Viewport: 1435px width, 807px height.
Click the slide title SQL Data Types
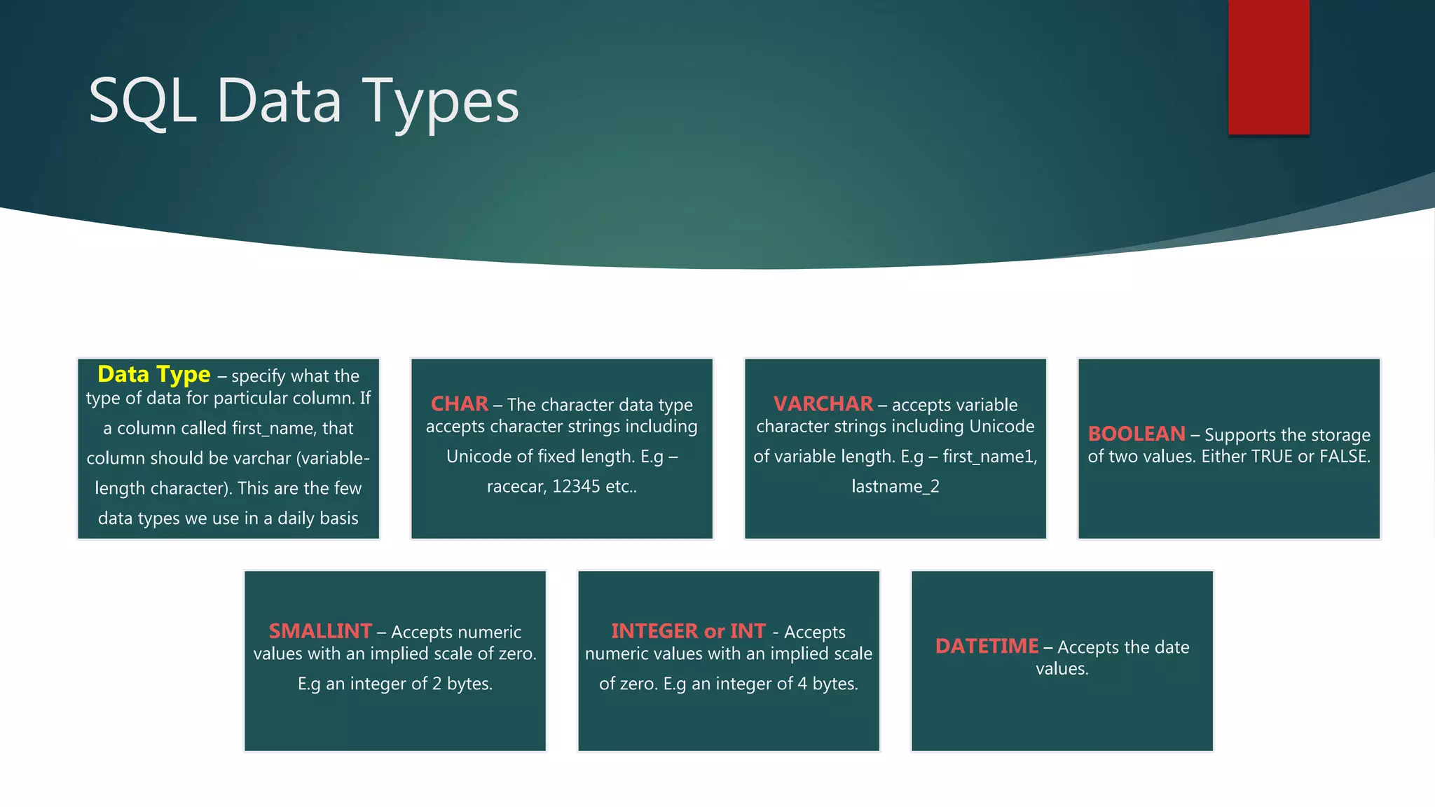click(303, 102)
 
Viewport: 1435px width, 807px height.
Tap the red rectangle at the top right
click(1268, 67)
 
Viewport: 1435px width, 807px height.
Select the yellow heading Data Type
click(153, 375)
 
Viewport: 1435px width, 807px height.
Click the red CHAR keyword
click(459, 404)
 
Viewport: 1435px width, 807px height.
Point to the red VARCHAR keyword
click(823, 404)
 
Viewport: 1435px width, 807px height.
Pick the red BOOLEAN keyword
click(1136, 434)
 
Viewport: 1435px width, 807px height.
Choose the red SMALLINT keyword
click(320, 631)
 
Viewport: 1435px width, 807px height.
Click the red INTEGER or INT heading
click(688, 631)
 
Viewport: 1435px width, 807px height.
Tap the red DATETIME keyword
click(987, 647)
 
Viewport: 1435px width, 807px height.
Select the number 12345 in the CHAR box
click(576, 486)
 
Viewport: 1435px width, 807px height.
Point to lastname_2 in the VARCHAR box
click(895, 486)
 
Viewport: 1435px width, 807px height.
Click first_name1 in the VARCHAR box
click(989, 457)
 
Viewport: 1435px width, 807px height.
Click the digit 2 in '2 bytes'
click(437, 684)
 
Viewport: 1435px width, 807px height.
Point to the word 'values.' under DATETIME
click(1062, 669)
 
